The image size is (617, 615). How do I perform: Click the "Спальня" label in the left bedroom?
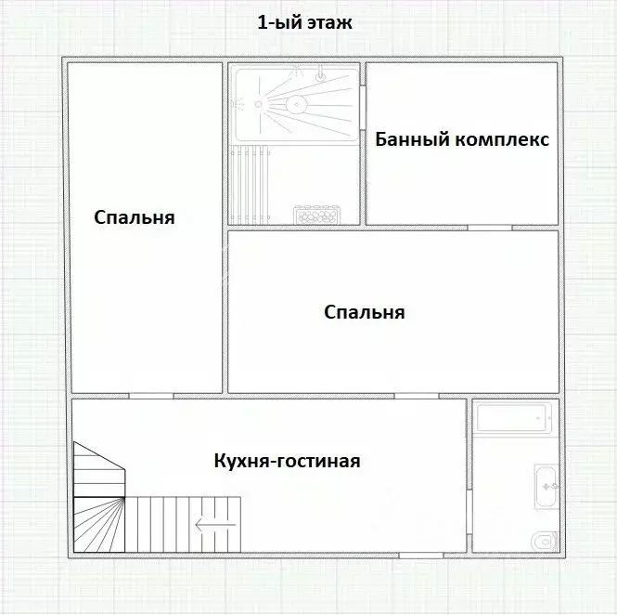tap(135, 218)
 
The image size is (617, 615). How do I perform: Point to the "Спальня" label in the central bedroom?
tap(365, 312)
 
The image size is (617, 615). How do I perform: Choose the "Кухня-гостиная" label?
tap(287, 461)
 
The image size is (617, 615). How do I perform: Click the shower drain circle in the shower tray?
tap(295, 104)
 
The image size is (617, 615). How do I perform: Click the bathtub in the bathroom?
tap(514, 418)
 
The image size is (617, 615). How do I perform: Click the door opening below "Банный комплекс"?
tap(487, 228)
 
